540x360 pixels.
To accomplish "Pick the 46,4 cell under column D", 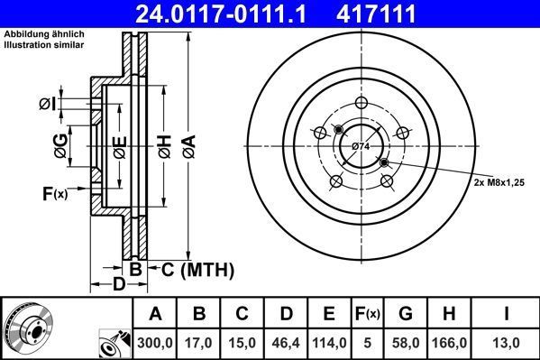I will click(286, 343).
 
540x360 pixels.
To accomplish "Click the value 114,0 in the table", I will click(329, 343).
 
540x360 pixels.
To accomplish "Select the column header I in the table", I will click(508, 314).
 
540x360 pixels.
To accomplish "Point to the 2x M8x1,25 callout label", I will click(499, 181).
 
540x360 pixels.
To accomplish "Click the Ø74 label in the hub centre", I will click(361, 146).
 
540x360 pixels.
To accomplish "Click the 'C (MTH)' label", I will click(197, 269).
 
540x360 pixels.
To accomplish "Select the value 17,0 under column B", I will click(199, 343).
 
